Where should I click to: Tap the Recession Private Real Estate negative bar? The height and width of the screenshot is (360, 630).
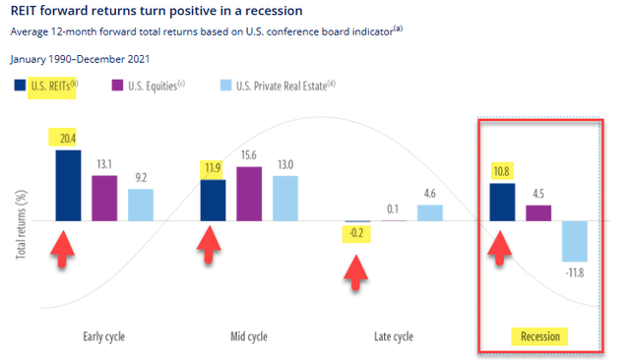(574, 240)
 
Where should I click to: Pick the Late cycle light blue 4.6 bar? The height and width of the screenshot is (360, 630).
(430, 212)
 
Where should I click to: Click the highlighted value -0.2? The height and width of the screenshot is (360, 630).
(356, 234)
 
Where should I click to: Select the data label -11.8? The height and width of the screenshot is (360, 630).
(575, 271)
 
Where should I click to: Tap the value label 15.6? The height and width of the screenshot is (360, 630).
(249, 155)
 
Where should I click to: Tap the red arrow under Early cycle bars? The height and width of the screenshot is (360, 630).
(63, 248)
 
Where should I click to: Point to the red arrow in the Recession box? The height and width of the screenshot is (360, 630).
(502, 249)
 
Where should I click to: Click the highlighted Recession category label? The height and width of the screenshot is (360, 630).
(541, 336)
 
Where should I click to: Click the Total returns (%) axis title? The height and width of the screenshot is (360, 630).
(21, 223)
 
